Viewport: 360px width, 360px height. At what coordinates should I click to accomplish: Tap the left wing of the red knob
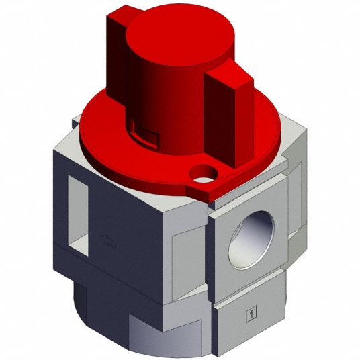(x=117, y=57)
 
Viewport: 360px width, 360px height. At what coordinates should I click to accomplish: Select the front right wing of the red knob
(x=230, y=115)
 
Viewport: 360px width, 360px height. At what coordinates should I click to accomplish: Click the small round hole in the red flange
(x=203, y=174)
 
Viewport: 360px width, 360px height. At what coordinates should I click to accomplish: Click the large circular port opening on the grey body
(x=252, y=240)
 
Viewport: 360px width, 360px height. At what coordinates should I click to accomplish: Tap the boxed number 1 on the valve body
(x=251, y=314)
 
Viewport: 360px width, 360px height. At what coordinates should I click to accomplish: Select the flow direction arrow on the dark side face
(x=108, y=242)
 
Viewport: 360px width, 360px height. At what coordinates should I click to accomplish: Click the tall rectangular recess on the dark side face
(x=78, y=216)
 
